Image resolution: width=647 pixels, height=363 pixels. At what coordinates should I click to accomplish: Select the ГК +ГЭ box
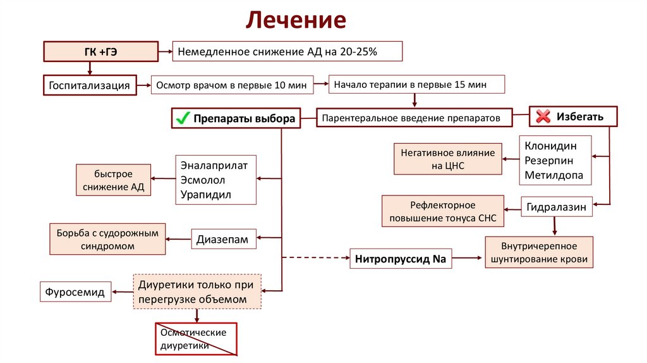tap(100, 52)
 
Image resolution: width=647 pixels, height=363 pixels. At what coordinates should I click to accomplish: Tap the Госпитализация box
tap(90, 85)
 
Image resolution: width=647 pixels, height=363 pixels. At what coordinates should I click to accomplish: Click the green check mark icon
tap(183, 118)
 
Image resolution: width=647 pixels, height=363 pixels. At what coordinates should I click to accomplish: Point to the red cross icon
tap(543, 116)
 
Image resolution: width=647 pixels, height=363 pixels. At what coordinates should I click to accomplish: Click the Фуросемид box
tap(75, 292)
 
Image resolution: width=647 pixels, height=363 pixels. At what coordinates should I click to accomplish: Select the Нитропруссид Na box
tap(401, 259)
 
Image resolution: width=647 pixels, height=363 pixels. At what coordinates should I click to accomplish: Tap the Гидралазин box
tap(557, 207)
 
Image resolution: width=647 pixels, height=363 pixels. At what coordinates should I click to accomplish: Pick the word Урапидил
tap(206, 195)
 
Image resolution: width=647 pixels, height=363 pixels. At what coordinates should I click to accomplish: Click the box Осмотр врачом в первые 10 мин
tap(231, 85)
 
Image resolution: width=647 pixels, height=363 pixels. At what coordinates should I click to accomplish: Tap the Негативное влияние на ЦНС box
tap(448, 159)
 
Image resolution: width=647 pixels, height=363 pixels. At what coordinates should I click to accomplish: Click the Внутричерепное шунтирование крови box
tap(539, 252)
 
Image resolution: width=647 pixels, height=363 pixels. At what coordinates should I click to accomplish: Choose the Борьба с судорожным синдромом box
tap(107, 238)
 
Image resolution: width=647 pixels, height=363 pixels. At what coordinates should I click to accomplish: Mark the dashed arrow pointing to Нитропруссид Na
tap(316, 258)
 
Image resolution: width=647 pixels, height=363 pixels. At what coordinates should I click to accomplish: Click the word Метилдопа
tap(554, 176)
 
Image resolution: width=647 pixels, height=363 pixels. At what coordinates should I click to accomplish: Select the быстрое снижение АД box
tap(114, 180)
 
